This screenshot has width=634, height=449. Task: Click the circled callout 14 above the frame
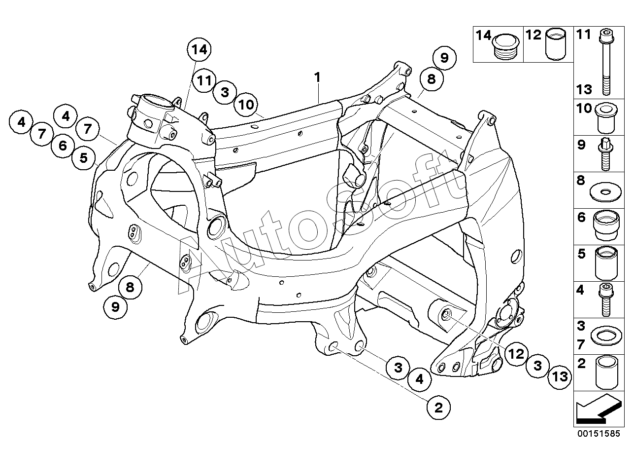[x=199, y=50]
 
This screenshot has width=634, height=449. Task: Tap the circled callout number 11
[x=204, y=80]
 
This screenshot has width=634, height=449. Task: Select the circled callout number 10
[x=246, y=105]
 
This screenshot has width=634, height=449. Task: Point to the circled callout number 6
[x=63, y=146]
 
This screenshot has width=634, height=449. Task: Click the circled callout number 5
[x=83, y=158]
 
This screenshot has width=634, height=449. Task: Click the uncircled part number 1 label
[x=318, y=77]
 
